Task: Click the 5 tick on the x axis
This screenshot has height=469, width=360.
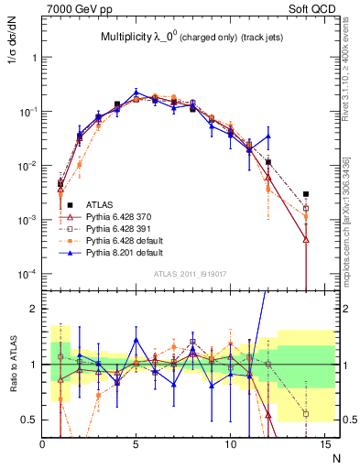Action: click(x=136, y=445)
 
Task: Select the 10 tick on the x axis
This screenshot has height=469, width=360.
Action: click(x=229, y=445)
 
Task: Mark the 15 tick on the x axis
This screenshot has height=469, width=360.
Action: click(x=322, y=445)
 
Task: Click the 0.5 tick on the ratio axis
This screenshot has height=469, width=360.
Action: click(x=29, y=420)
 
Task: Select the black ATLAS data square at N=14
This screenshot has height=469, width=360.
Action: click(x=306, y=193)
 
